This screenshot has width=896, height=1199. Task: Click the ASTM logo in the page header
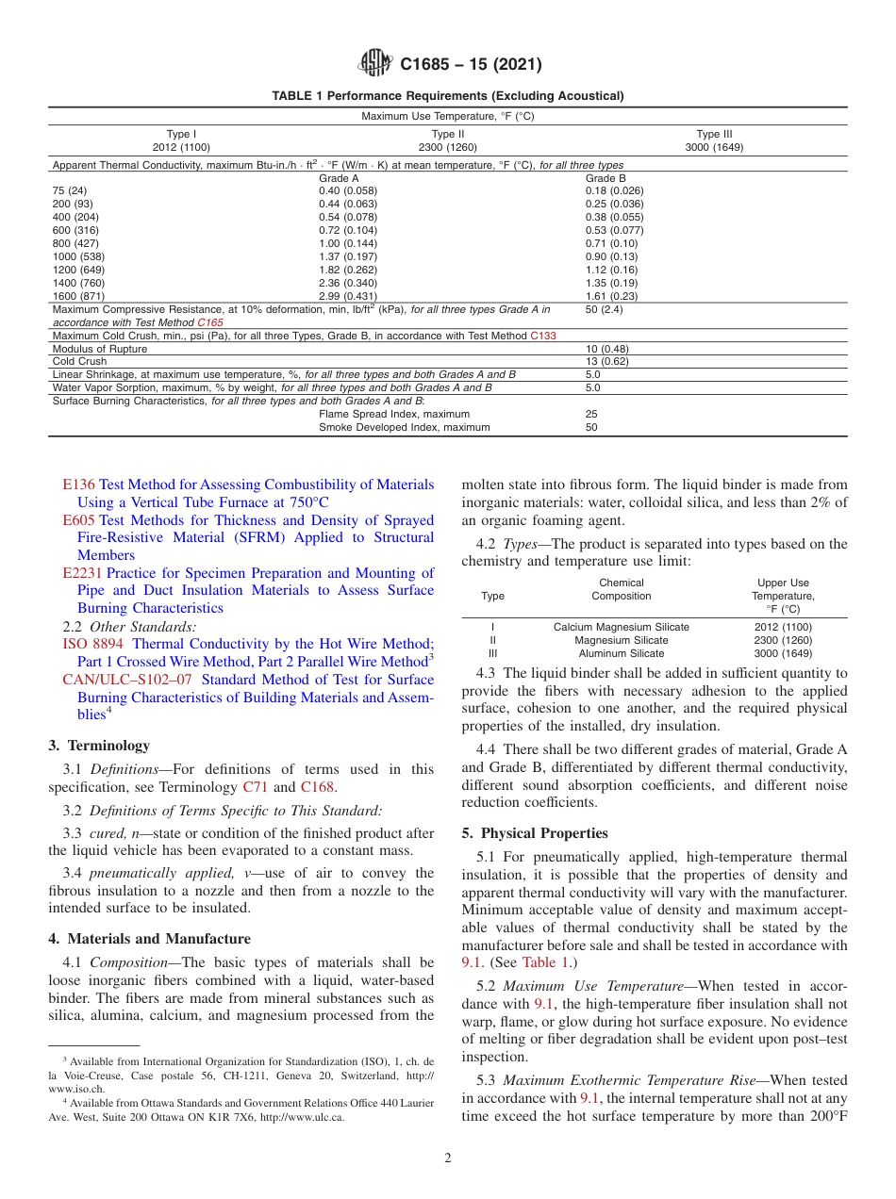(376, 64)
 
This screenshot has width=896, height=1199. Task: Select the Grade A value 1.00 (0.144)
(347, 243)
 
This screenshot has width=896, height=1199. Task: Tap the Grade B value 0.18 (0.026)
(614, 190)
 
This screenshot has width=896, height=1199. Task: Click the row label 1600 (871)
(79, 296)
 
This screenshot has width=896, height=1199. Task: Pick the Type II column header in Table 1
(448, 140)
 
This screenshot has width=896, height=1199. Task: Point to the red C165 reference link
(210, 322)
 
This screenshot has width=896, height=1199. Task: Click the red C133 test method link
(543, 336)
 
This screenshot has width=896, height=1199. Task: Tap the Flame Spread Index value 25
(591, 414)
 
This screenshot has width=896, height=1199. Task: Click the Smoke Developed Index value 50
(591, 427)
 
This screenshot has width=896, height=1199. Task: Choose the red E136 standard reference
(78, 485)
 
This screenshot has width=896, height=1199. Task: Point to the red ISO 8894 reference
(93, 644)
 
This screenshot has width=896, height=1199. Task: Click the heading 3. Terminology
(99, 746)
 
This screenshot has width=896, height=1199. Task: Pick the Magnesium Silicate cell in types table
(621, 640)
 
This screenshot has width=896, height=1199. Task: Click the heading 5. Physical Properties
(535, 833)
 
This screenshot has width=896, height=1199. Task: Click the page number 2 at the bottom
(448, 1158)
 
